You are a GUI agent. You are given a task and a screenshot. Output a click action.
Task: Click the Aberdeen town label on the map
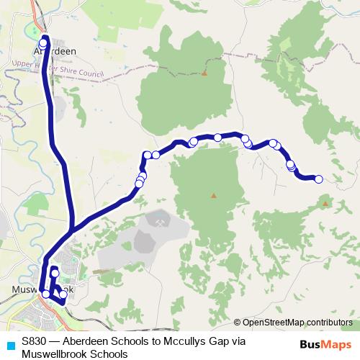tap(55, 52)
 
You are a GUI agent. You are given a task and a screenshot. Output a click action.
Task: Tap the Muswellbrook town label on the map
tap(43, 290)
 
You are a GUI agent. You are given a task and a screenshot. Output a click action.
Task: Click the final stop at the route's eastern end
tap(319, 179)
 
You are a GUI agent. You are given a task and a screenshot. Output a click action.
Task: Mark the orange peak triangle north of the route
tap(204, 73)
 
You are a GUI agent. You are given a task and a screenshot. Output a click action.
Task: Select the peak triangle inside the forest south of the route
tap(213, 195)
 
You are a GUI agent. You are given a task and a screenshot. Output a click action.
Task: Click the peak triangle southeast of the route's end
tap(325, 204)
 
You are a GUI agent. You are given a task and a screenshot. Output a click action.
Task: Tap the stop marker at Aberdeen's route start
tap(43, 42)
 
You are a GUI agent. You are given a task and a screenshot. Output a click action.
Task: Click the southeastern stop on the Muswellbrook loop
tap(63, 294)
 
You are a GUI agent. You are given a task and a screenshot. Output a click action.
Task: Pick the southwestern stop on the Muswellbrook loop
tap(46, 294)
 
